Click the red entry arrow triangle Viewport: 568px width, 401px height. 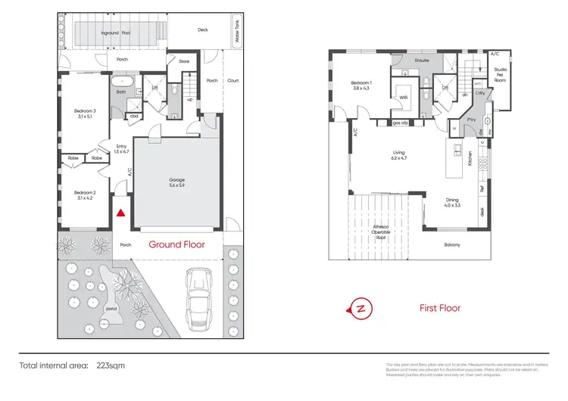[x=120, y=214]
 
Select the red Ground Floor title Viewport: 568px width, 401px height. [x=176, y=244]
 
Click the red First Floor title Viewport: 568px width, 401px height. [x=439, y=308]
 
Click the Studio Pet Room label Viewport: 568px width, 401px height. [x=500, y=73]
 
